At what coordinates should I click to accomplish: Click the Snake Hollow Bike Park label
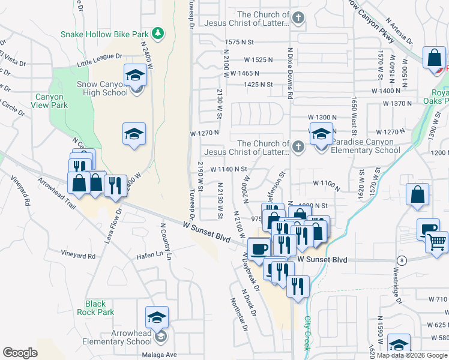pyautogui.click(x=104, y=34)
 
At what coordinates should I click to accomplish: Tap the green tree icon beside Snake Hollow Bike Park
pyautogui.click(x=158, y=33)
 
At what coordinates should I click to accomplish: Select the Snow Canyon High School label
pyautogui.click(x=102, y=88)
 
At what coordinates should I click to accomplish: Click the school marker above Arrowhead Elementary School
pyautogui.click(x=157, y=317)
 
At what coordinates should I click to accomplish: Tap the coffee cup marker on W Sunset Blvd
pyautogui.click(x=259, y=248)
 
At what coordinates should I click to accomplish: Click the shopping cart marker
pyautogui.click(x=436, y=241)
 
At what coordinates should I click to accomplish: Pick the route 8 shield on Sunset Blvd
pyautogui.click(x=401, y=260)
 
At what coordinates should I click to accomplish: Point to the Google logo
pyautogui.click(x=20, y=353)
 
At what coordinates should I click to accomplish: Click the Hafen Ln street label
pyautogui.click(x=151, y=254)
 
